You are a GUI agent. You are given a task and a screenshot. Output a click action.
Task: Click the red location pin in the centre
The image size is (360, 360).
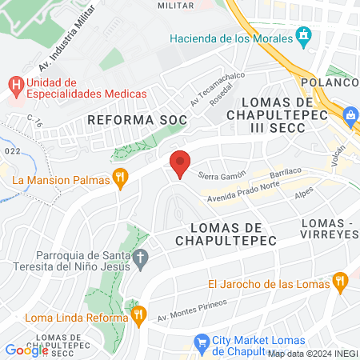tap(180, 163)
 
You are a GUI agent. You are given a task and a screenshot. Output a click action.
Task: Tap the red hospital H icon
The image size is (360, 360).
tap(15, 83)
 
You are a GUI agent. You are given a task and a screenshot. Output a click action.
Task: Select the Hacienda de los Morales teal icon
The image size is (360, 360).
tap(303, 35)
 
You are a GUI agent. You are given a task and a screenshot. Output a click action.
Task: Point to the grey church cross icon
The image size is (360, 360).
tap(141, 258)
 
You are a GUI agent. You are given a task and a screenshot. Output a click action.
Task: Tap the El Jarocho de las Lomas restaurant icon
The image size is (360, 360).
tap(339, 281)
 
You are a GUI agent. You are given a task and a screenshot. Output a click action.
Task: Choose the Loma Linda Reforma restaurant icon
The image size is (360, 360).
tap(138, 314)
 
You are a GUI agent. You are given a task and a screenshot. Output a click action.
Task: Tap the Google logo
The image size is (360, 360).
tap(26, 350)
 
